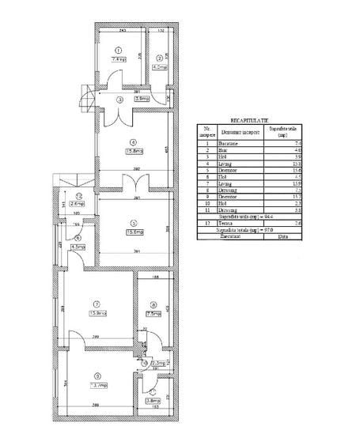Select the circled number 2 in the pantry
click(x=158, y=57)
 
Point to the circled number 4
click(x=132, y=143)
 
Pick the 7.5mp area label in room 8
click(x=153, y=314)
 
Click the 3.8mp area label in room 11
click(x=152, y=400)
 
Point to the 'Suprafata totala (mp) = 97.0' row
click(x=251, y=230)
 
